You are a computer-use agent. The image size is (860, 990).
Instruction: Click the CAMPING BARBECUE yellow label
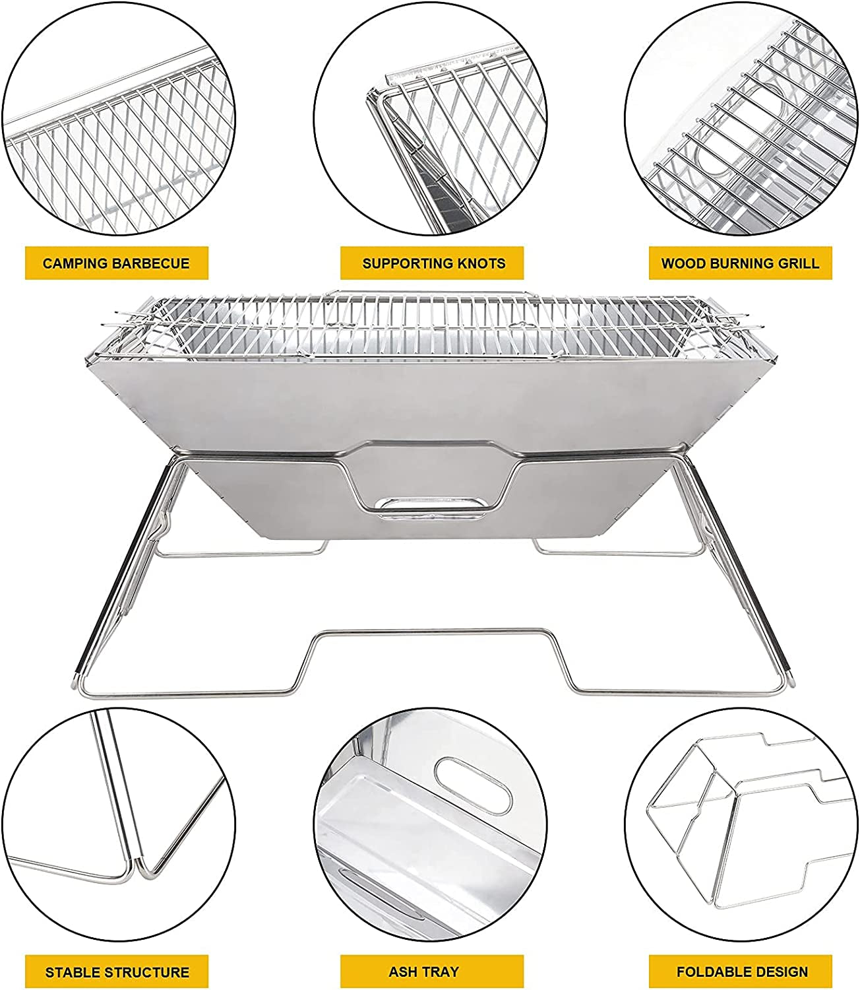(116, 263)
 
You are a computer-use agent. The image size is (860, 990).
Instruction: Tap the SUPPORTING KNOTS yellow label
(433, 263)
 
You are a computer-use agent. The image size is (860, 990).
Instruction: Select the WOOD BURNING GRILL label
(740, 263)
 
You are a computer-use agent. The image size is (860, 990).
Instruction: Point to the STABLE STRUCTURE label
(117, 972)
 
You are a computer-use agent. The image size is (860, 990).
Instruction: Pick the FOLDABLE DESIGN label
(741, 972)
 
